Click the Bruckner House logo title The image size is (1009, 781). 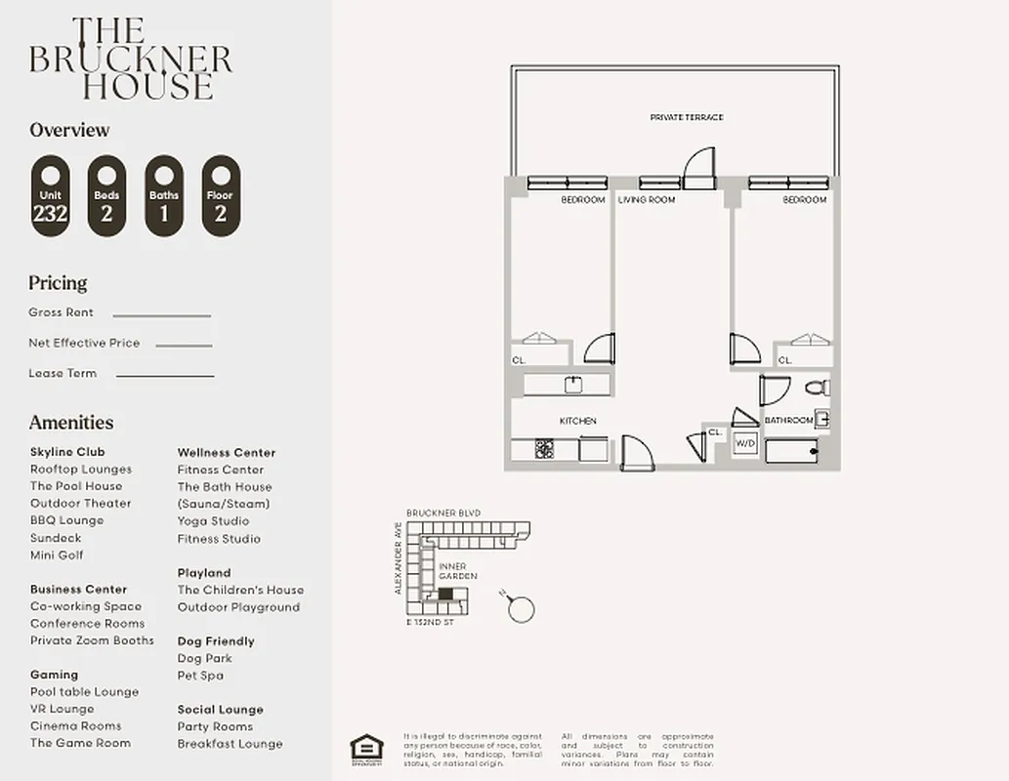[131, 59]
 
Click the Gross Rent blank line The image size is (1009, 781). [161, 315]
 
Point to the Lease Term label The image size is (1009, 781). [63, 373]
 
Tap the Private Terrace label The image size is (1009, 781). [687, 117]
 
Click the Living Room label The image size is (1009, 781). [647, 200]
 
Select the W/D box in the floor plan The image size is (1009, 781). [745, 442]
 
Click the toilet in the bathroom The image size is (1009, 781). [818, 388]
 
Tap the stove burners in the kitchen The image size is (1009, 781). [544, 450]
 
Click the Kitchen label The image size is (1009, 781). [577, 421]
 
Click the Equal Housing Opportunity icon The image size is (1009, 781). [366, 747]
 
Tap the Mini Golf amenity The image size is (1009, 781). [57, 555]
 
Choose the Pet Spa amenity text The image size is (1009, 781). [200, 675]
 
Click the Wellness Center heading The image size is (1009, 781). [227, 452]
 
